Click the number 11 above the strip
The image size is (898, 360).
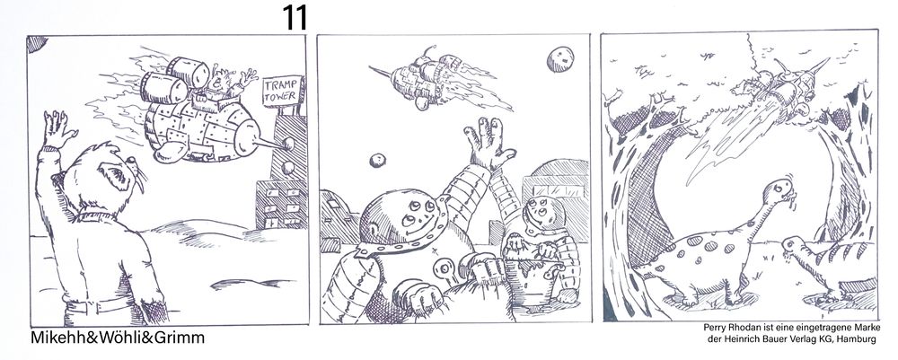click(295, 18)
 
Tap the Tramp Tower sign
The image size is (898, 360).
click(281, 92)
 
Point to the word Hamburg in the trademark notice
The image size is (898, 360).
click(857, 340)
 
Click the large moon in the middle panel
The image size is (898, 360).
click(560, 59)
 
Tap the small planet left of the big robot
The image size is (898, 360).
click(377, 161)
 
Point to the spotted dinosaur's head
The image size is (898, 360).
click(781, 190)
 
